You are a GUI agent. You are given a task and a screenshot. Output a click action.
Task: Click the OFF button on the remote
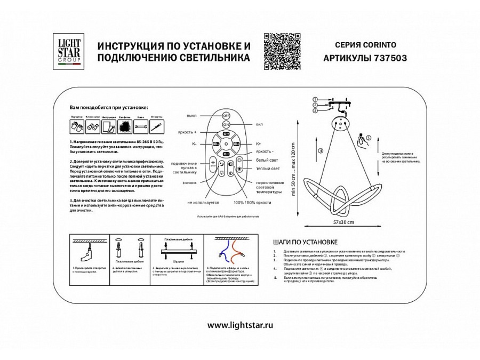click(226, 116)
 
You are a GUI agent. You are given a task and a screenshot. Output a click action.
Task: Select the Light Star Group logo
click(68, 51)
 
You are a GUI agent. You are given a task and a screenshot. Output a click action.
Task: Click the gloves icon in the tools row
click(76, 127)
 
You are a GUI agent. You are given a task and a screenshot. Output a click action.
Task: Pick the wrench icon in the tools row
click(141, 127)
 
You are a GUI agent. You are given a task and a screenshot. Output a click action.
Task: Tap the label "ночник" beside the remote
click(190, 182)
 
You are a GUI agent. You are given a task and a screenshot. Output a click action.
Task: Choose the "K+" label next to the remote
click(258, 143)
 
